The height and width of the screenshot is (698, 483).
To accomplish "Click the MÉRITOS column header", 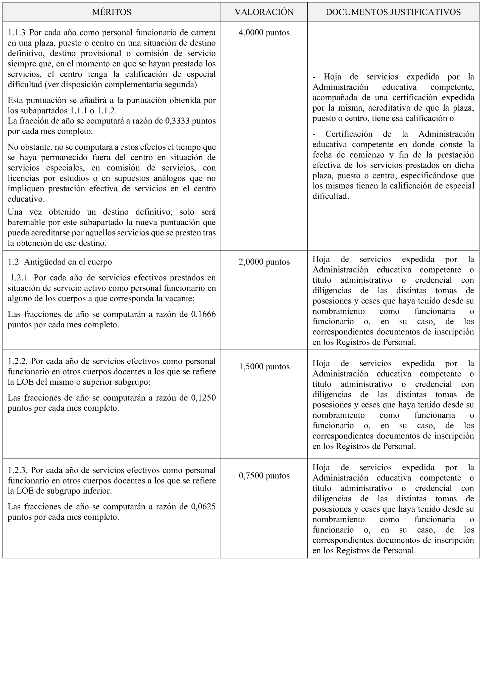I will (x=112, y=12).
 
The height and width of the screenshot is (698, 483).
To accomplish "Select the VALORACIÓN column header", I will (x=264, y=12).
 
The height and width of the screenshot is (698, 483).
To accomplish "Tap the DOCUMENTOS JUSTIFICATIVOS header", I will (x=393, y=12).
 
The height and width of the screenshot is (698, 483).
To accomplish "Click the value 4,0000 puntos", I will (x=264, y=33).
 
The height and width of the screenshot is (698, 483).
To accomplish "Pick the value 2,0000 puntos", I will (x=264, y=262).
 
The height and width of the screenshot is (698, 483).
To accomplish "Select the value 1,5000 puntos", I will (x=264, y=367).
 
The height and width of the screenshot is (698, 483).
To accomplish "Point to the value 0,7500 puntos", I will (x=264, y=476).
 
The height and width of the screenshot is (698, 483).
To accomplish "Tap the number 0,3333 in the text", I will (x=177, y=121).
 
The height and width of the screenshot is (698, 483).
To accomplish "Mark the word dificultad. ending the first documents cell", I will (x=331, y=196).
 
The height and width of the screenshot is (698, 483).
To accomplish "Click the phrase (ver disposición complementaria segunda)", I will (x=121, y=84).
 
